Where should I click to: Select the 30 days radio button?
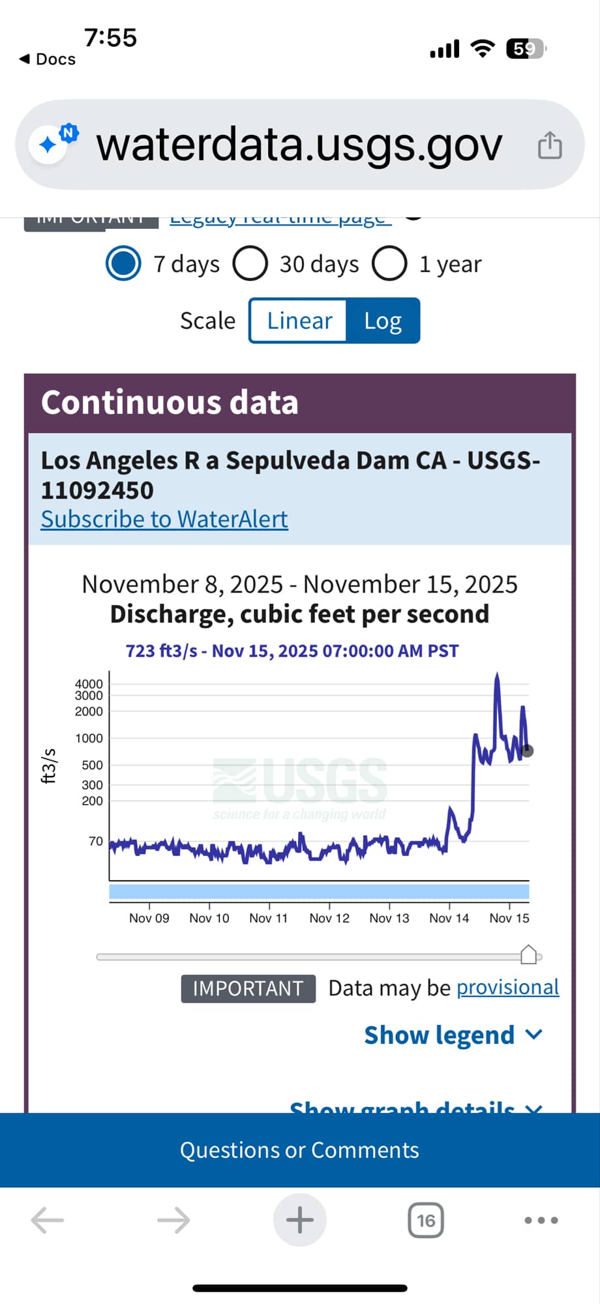[250, 264]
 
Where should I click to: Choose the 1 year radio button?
[389, 264]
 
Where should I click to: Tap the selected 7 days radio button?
[123, 264]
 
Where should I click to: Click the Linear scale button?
[299, 321]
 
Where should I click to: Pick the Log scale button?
[383, 321]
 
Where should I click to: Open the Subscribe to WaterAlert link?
[164, 519]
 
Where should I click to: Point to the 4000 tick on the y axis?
[89, 684]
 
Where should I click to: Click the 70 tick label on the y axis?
[95, 841]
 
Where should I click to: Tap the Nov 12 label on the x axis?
[329, 918]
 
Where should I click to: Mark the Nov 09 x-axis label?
[149, 918]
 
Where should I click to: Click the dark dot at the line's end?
[528, 750]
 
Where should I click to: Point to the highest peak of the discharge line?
[497, 675]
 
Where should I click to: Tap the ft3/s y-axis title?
[49, 765]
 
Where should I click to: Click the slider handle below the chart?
[529, 955]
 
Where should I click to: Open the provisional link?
[507, 988]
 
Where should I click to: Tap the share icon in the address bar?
[549, 145]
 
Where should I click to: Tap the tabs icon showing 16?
[426, 1220]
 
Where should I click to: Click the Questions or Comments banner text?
[299, 1150]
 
